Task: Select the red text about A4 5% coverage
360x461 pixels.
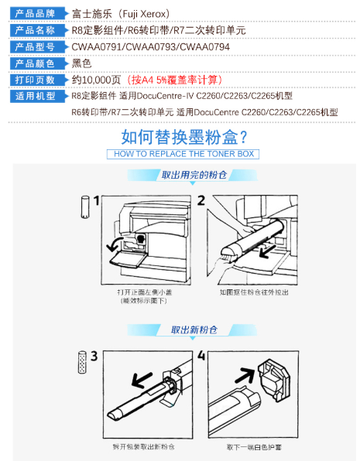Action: click(x=174, y=80)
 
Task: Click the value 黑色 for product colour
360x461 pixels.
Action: click(x=81, y=63)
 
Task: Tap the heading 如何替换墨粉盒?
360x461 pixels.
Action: click(x=184, y=137)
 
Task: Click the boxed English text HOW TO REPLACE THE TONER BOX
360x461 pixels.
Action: click(x=183, y=154)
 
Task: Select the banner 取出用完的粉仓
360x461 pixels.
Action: click(x=194, y=175)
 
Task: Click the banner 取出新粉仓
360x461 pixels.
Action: click(x=194, y=330)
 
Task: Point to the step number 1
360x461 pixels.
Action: click(x=96, y=200)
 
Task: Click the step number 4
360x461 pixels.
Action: click(x=201, y=355)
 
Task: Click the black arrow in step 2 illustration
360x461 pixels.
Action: click(x=267, y=251)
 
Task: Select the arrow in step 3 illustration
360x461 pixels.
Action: click(x=142, y=380)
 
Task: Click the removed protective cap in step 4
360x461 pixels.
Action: click(x=273, y=380)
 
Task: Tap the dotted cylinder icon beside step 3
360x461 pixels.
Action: click(x=82, y=362)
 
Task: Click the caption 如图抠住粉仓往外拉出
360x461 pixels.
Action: click(x=254, y=292)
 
